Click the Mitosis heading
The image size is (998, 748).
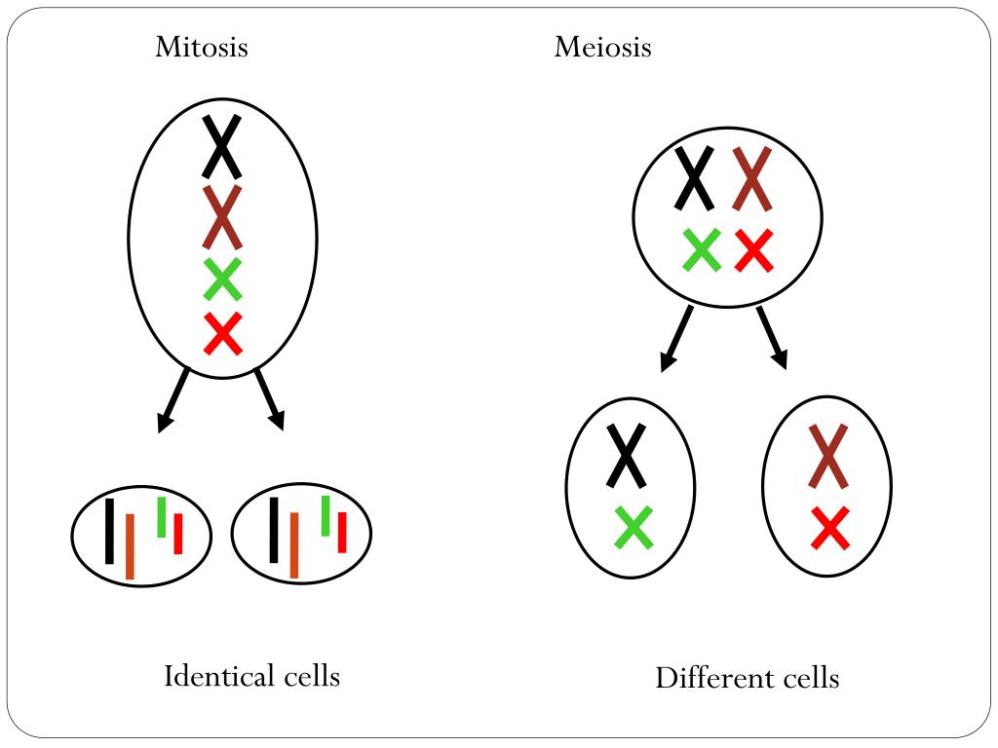[201, 47]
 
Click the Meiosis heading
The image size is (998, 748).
[602, 47]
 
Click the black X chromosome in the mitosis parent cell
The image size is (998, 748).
[222, 146]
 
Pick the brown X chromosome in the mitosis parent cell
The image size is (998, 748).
[222, 217]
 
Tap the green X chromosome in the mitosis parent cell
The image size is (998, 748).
[222, 280]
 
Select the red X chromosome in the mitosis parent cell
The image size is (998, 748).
[222, 334]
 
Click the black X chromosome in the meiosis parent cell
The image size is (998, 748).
[695, 178]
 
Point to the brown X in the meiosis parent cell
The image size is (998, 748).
[752, 178]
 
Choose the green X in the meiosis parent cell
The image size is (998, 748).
[702, 250]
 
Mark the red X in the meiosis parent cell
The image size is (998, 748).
[753, 250]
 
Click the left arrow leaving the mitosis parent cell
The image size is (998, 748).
[173, 400]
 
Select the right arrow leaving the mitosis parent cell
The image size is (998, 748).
[270, 400]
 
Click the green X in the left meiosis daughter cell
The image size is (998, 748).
[633, 527]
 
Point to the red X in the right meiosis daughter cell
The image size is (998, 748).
[829, 529]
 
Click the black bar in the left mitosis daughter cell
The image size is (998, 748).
[109, 531]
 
